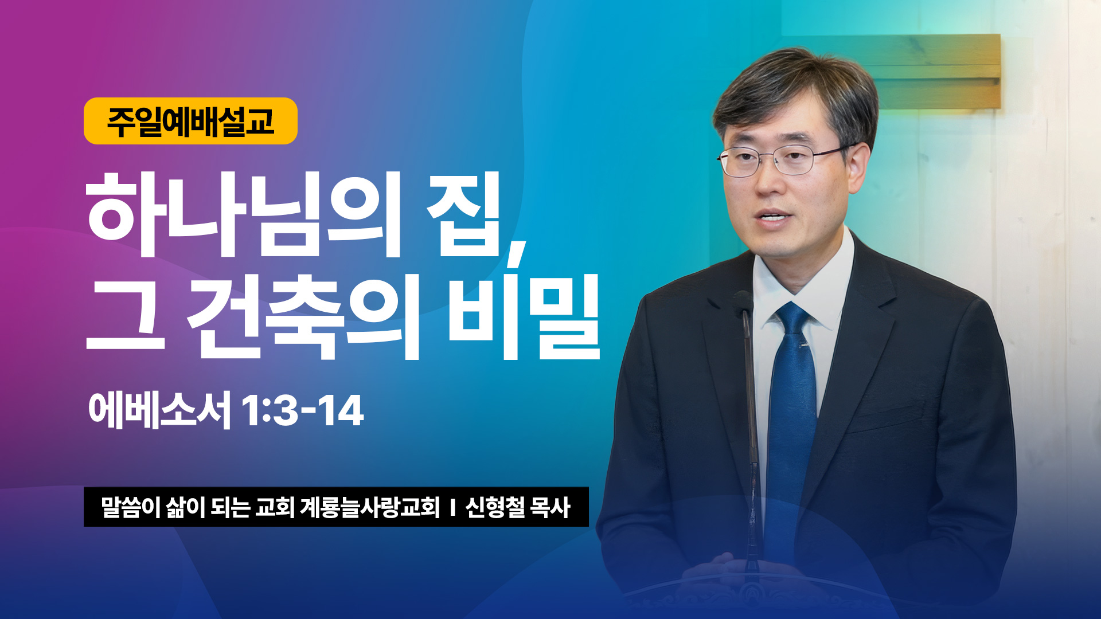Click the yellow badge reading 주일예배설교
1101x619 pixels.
click(x=190, y=121)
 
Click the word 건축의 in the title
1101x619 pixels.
click(x=304, y=316)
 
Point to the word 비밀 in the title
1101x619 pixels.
click(x=524, y=316)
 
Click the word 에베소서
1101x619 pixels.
click(x=159, y=410)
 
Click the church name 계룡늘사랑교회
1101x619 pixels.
click(x=370, y=507)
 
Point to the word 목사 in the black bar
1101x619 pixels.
click(x=550, y=507)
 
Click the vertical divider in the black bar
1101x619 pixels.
click(x=452, y=508)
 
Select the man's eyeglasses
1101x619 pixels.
click(x=786, y=160)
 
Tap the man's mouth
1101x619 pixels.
click(x=772, y=218)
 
